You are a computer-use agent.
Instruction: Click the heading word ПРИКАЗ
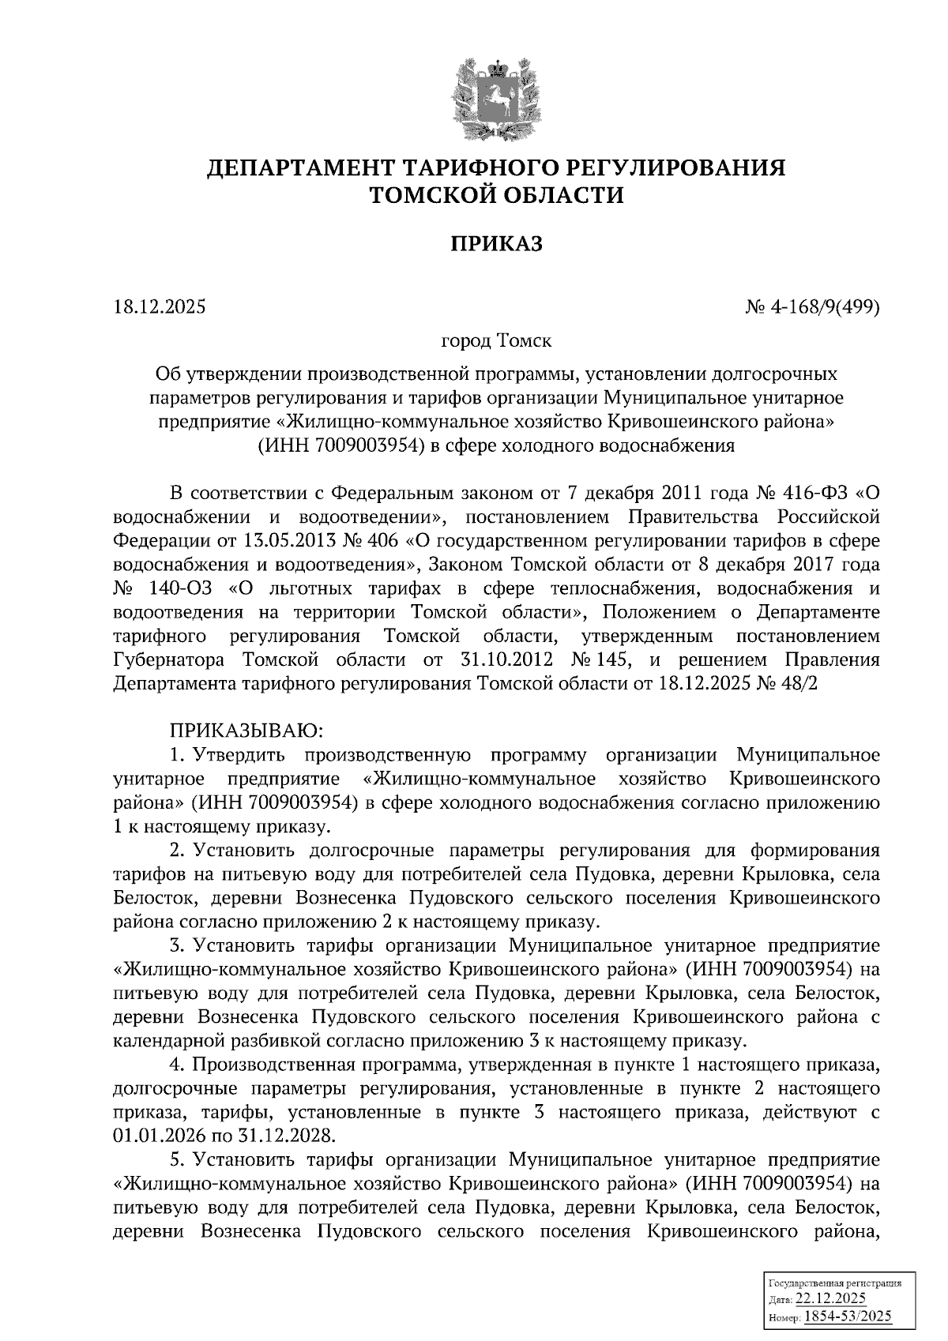(x=497, y=244)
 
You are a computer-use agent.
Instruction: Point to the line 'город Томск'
(x=496, y=341)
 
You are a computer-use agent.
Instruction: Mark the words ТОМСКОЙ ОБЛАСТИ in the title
(x=497, y=196)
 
